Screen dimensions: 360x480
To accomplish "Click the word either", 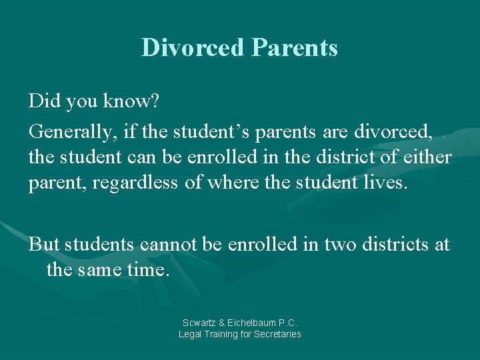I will click(x=427, y=157).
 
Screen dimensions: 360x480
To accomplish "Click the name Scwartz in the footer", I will click(x=198, y=323).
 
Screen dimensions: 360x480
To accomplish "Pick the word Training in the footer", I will click(x=223, y=334).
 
